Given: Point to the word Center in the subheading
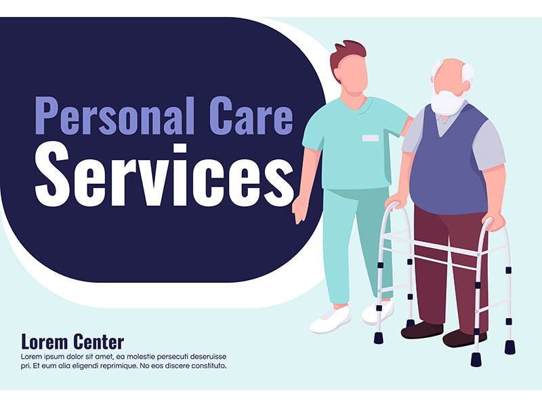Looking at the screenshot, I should click(x=98, y=341).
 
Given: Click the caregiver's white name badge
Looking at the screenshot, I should click(x=370, y=138).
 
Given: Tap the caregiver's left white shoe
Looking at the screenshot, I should click(x=330, y=319).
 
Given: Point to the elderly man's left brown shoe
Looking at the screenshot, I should click(x=421, y=330).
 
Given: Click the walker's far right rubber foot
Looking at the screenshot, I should click(x=509, y=347).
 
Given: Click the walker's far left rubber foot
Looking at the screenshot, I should click(x=379, y=337).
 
